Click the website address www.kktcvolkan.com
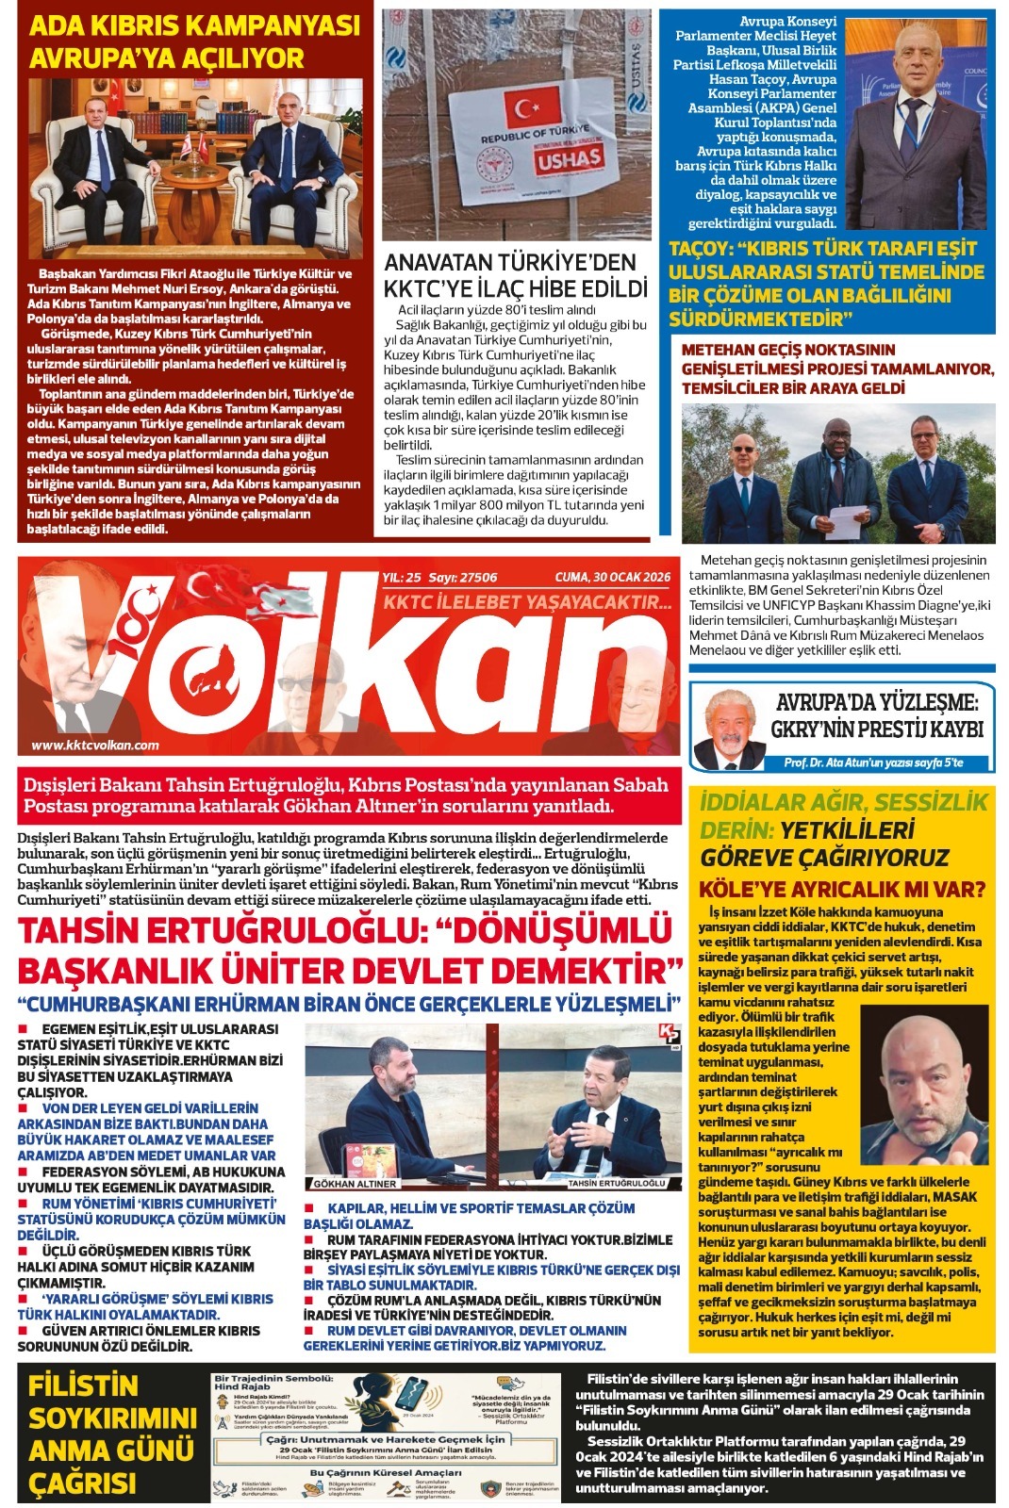pyautogui.click(x=95, y=745)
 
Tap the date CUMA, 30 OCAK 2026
pyautogui.click(x=612, y=578)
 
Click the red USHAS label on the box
pyautogui.click(x=570, y=158)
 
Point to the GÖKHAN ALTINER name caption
pyautogui.click(x=355, y=1183)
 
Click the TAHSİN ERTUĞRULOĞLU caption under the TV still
pyautogui.click(x=617, y=1183)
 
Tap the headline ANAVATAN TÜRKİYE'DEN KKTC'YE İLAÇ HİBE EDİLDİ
pyautogui.click(x=516, y=275)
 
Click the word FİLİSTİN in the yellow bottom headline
pyautogui.click(x=83, y=1385)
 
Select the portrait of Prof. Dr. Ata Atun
pyautogui.click(x=730, y=728)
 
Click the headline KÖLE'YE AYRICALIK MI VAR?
pyautogui.click(x=841, y=889)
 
